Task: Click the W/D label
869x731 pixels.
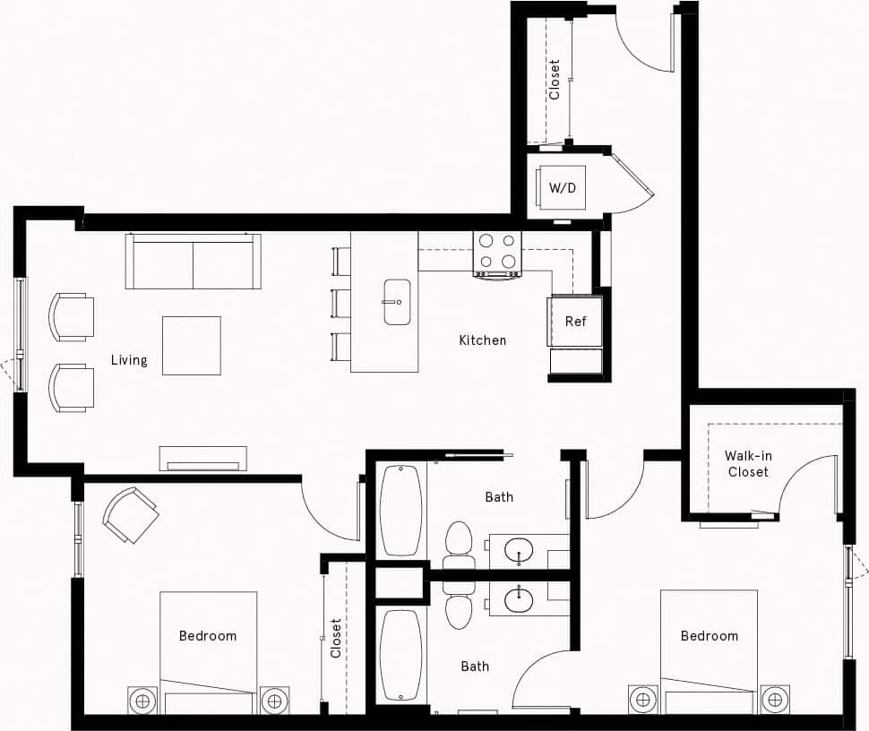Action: point(563,188)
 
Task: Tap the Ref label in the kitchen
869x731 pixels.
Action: point(575,321)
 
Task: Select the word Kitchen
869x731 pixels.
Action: point(482,340)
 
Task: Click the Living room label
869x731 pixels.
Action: point(129,360)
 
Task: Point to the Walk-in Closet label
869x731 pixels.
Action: point(748,463)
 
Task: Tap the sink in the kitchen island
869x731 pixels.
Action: point(396,301)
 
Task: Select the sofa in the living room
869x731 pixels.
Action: point(193,261)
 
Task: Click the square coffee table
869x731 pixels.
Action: point(191,345)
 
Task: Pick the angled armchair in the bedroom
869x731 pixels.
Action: point(130,514)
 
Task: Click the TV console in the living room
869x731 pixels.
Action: point(202,458)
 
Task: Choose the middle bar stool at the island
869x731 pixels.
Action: point(341,303)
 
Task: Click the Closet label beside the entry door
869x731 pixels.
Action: point(555,80)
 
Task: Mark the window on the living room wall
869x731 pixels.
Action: point(20,333)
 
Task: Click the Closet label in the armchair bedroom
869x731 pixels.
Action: point(336,638)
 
